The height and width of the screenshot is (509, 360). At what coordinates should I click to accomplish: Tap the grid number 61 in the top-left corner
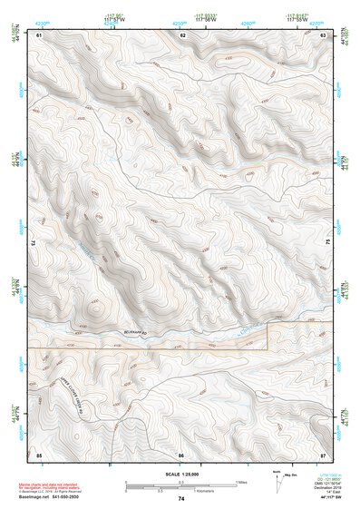click(40, 34)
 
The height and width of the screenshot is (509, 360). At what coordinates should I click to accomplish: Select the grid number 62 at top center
click(182, 34)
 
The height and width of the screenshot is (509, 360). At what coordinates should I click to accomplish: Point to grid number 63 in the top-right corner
click(324, 34)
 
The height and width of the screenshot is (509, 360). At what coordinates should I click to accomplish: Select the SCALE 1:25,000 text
click(180, 474)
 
